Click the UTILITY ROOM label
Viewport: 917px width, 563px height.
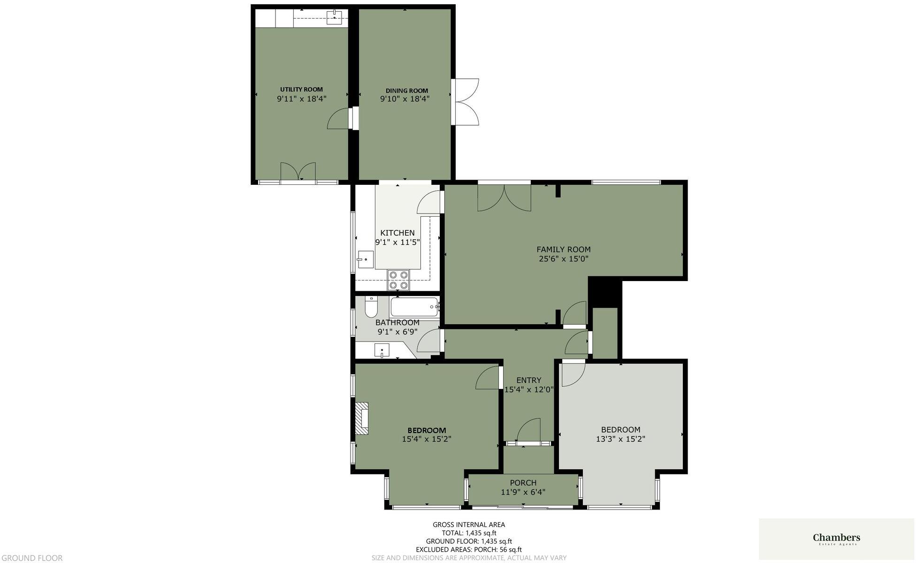tap(301, 89)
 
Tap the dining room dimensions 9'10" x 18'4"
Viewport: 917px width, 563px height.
tap(405, 99)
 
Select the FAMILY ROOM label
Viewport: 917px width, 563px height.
tap(563, 250)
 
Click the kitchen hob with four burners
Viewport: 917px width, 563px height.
tap(398, 280)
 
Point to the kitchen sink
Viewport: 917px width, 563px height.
tap(365, 259)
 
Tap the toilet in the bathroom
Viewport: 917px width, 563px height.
tap(371, 307)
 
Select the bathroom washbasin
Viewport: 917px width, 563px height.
tap(382, 350)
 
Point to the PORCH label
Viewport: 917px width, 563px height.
tap(523, 483)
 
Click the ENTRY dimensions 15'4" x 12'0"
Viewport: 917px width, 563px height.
tap(529, 389)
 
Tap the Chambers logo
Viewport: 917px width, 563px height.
tap(836, 539)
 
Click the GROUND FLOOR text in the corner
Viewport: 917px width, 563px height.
tap(31, 558)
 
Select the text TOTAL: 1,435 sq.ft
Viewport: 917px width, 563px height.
tap(469, 533)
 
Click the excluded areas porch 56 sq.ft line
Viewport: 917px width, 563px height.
tap(469, 549)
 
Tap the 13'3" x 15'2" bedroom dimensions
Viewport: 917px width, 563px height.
tap(620, 439)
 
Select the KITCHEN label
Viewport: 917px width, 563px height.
tap(397, 233)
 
